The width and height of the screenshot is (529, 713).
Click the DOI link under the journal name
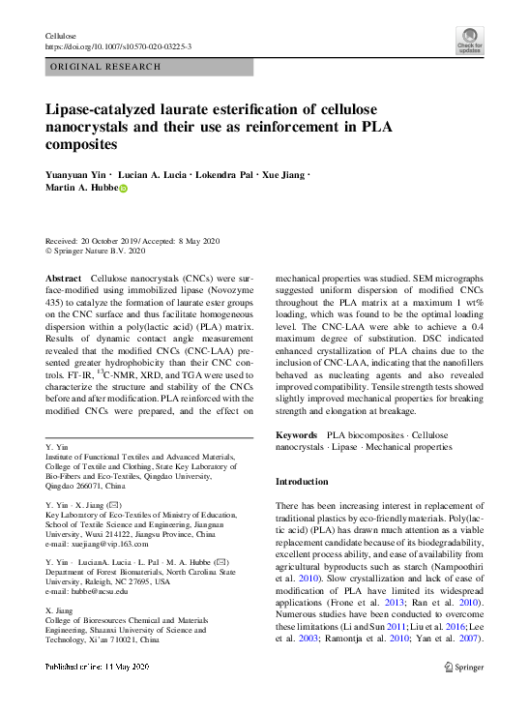118,45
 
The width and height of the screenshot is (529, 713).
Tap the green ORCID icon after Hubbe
123,189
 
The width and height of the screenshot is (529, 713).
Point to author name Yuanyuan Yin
76,175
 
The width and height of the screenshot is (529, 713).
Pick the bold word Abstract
64,278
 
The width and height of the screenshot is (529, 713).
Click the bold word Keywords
297,436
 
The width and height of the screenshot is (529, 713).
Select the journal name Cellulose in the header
62,35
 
